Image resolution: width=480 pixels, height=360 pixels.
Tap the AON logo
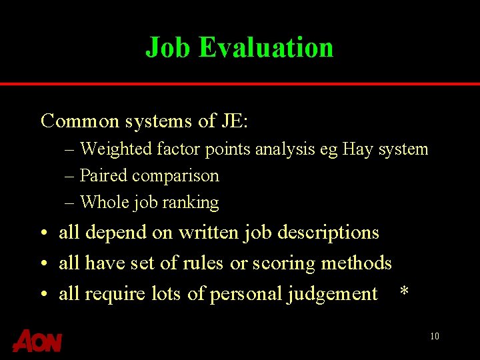point(37,341)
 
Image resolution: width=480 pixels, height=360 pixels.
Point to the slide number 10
point(434,336)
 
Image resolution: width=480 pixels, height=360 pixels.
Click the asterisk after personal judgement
point(403,293)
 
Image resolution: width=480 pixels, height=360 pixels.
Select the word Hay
point(357,149)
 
